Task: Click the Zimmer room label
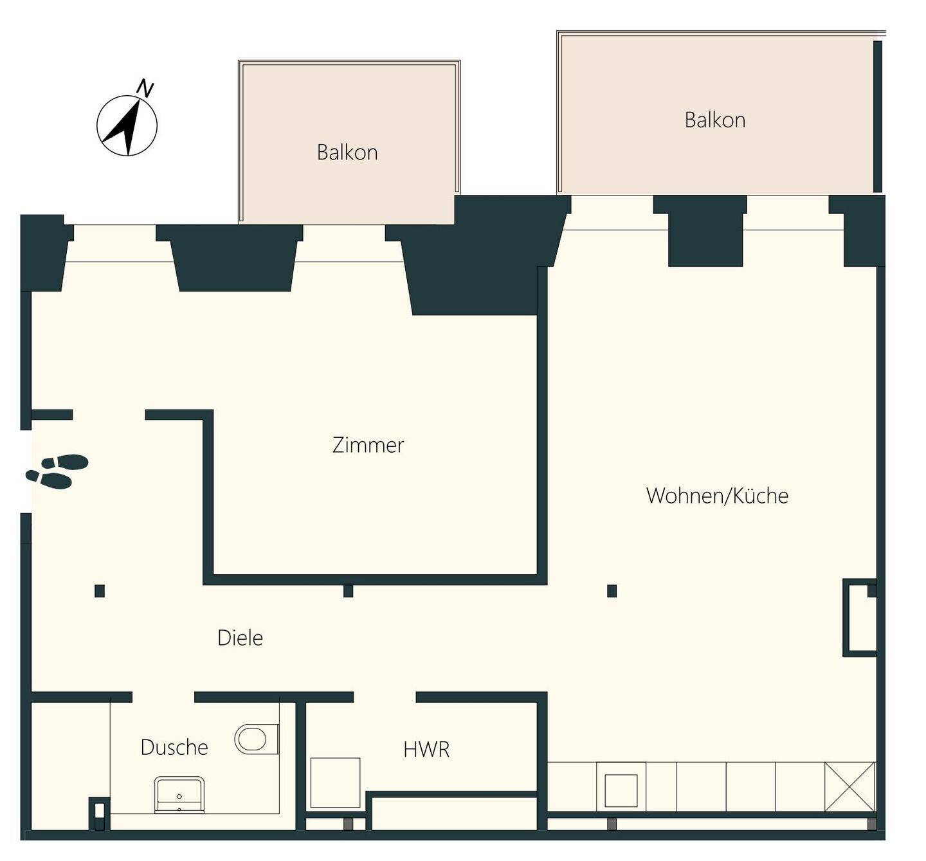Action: (x=368, y=446)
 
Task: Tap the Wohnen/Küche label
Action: (x=717, y=495)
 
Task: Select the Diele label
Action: (x=240, y=638)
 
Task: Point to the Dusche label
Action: (x=174, y=747)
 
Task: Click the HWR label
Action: (x=426, y=750)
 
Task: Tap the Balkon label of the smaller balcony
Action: (x=347, y=152)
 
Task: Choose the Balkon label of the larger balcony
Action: (x=715, y=120)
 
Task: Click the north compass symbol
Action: (x=127, y=125)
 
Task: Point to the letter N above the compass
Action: (x=145, y=89)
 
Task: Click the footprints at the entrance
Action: (x=57, y=471)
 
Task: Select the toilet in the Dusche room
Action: (x=256, y=739)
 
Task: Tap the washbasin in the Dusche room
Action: (x=179, y=795)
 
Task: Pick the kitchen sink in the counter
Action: (x=621, y=790)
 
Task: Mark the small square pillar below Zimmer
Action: (x=349, y=592)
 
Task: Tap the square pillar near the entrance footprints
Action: (x=99, y=591)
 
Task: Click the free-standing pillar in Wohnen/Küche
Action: (x=612, y=591)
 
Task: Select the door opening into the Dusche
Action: (x=163, y=697)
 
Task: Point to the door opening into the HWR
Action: (x=385, y=697)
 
